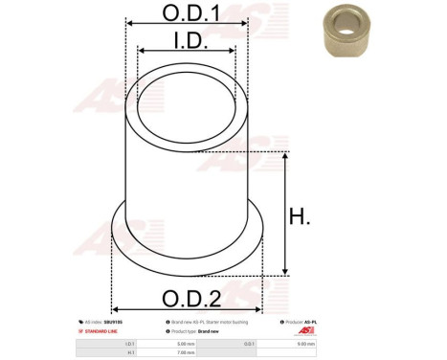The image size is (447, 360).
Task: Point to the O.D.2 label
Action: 188,297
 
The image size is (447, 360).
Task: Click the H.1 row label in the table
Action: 130,351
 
